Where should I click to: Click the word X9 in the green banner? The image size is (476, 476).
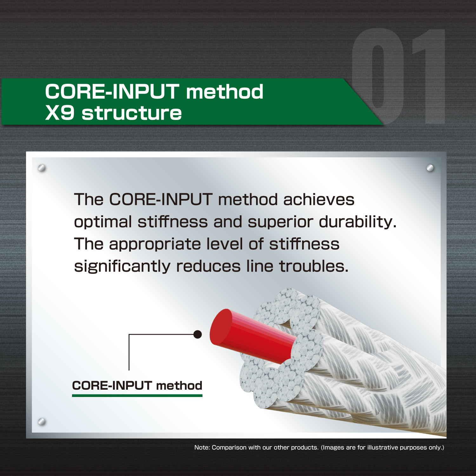click(60, 113)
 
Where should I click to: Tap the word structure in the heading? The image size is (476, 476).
click(132, 113)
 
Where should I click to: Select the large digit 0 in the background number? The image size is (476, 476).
click(378, 76)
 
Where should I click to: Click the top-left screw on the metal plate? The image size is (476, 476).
click(42, 168)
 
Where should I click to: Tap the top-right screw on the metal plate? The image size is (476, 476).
click(430, 168)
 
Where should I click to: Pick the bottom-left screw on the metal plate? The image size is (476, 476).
click(42, 422)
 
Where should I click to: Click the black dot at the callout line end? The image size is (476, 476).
click(197, 334)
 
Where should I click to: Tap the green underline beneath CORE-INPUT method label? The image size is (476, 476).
click(137, 395)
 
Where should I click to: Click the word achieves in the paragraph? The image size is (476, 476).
click(319, 200)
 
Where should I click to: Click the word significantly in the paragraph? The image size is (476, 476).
click(122, 267)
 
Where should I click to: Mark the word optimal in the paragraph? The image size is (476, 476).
click(103, 222)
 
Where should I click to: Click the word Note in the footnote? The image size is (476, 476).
click(202, 447)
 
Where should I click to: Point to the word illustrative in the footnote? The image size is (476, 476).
click(382, 447)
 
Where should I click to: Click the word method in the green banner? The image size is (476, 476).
click(225, 92)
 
